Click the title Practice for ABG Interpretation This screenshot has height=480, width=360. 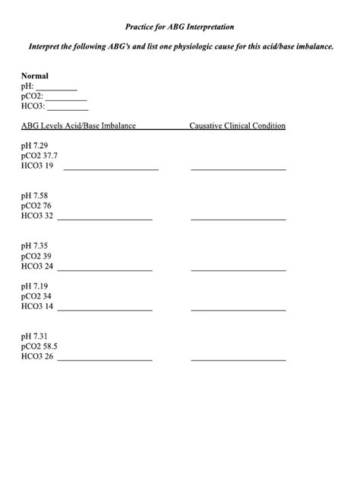tap(180, 27)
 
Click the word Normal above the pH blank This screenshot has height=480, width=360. tap(35, 76)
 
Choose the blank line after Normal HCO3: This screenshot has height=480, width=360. tap(68, 110)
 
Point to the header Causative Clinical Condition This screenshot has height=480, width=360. tap(237, 125)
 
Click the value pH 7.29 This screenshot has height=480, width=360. tap(35, 144)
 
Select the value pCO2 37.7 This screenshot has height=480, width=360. tap(39, 155)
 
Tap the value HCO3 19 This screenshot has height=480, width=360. tap(37, 166)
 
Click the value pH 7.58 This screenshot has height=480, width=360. tap(35, 195)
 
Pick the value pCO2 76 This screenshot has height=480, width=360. tap(36, 206)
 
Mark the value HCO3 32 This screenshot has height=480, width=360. tap(37, 216)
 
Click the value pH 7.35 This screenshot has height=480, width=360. tap(35, 246)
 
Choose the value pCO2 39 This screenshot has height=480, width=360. tap(36, 257)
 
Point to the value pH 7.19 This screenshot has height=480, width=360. tap(35, 286)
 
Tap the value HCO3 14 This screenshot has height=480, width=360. tap(37, 308)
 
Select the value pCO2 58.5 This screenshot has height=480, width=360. tap(39, 346)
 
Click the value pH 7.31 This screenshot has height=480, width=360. tap(35, 336)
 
